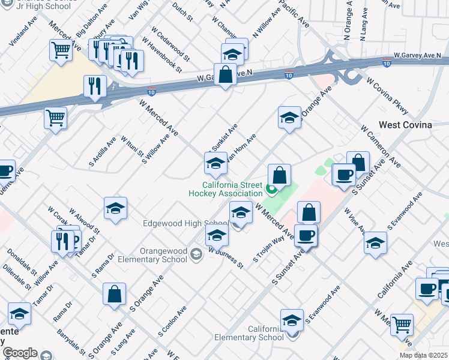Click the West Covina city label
point(405,125)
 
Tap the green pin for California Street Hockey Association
point(271,191)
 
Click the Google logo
point(20,353)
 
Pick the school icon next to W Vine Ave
point(375,242)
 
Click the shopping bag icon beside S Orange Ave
point(114,294)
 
